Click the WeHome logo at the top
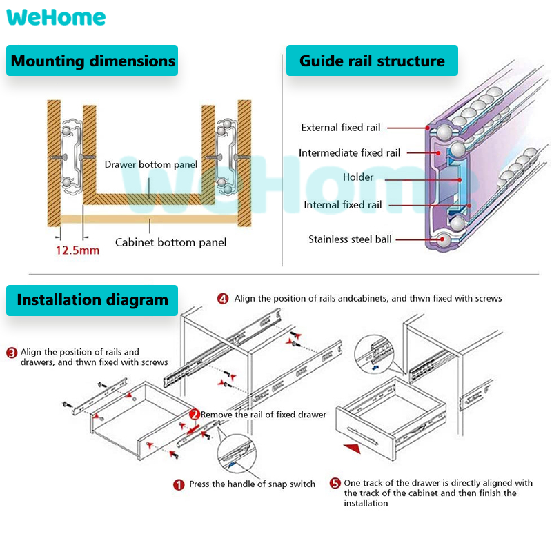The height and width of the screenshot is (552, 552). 57,17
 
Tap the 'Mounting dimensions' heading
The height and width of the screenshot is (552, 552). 92,61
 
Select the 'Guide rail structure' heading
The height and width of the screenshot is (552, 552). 372,61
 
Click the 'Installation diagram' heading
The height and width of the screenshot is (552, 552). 92,300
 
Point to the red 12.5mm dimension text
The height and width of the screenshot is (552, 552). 77,250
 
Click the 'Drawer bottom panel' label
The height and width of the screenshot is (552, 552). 151,165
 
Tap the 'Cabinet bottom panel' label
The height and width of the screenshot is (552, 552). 170,242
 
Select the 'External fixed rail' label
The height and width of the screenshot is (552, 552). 340,128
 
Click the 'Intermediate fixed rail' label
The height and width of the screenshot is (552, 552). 349,153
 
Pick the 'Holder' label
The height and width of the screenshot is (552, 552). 358,177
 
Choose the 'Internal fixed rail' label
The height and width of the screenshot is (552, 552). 342,205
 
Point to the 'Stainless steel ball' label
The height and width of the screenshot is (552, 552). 350,239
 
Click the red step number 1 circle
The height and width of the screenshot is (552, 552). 178,484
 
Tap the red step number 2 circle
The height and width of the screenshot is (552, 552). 195,415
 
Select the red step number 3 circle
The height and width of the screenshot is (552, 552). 12,353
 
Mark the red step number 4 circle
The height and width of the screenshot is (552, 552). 223,299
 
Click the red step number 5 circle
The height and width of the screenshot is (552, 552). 335,484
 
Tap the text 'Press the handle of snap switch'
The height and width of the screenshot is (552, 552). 252,484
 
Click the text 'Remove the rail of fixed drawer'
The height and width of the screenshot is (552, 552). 264,415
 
